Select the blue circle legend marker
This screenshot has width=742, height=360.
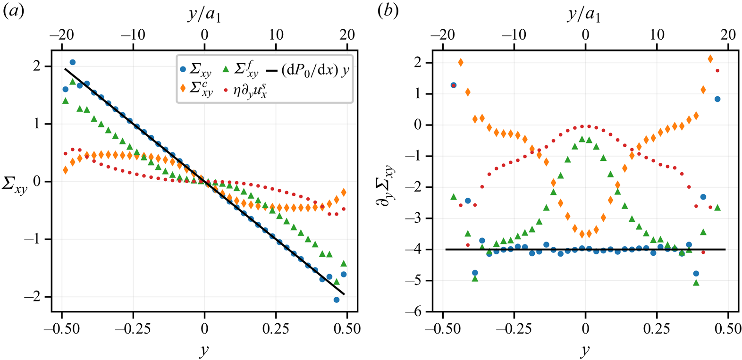tap(184, 69)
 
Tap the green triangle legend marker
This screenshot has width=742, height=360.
tap(226, 69)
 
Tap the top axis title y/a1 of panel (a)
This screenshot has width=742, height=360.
tap(204, 15)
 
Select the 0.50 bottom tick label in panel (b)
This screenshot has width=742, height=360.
tap(728, 328)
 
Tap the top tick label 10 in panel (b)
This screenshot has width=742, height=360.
tap(657, 35)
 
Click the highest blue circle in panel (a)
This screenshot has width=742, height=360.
tap(73, 62)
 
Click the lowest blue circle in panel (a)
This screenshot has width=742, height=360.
tap(337, 300)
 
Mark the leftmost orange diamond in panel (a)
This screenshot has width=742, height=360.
tap(66, 170)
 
